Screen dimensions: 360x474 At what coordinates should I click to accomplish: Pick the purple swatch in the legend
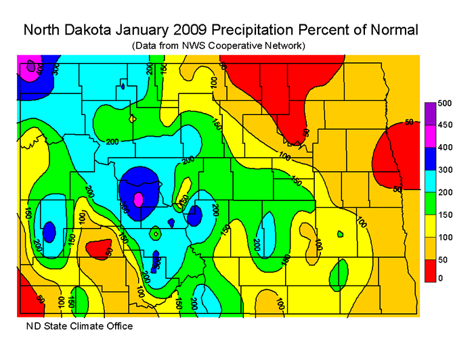(x=430, y=114)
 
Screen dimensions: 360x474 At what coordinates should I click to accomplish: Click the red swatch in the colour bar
(x=430, y=269)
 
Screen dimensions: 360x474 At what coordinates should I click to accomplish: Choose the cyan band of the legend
(x=430, y=180)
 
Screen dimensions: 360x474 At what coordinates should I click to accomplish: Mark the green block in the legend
(x=430, y=202)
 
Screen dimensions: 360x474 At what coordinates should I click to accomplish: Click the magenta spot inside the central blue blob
(x=139, y=200)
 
